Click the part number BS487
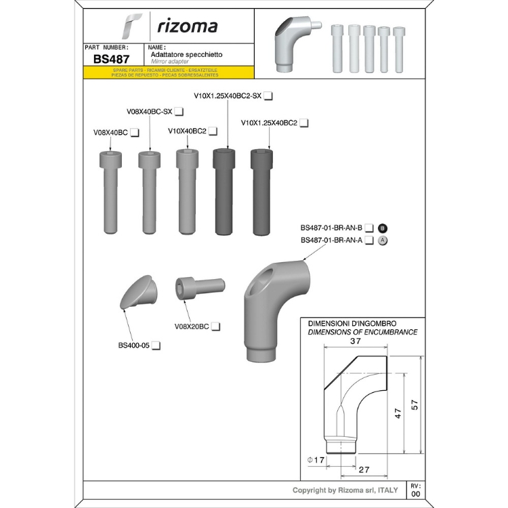111,59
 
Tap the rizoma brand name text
187,26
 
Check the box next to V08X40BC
135,133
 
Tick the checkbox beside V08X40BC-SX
179,112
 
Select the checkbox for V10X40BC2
213,131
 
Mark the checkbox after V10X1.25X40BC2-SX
268,96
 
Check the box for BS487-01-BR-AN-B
369,228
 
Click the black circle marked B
383,228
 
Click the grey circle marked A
383,240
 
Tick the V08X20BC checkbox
216,326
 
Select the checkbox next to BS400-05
156,345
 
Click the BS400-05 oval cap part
138,292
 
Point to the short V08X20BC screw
200,288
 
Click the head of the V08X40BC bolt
110,160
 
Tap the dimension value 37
356,341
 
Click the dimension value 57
415,405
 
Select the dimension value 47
398,413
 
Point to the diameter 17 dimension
316,460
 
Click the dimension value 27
364,470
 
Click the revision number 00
416,494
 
